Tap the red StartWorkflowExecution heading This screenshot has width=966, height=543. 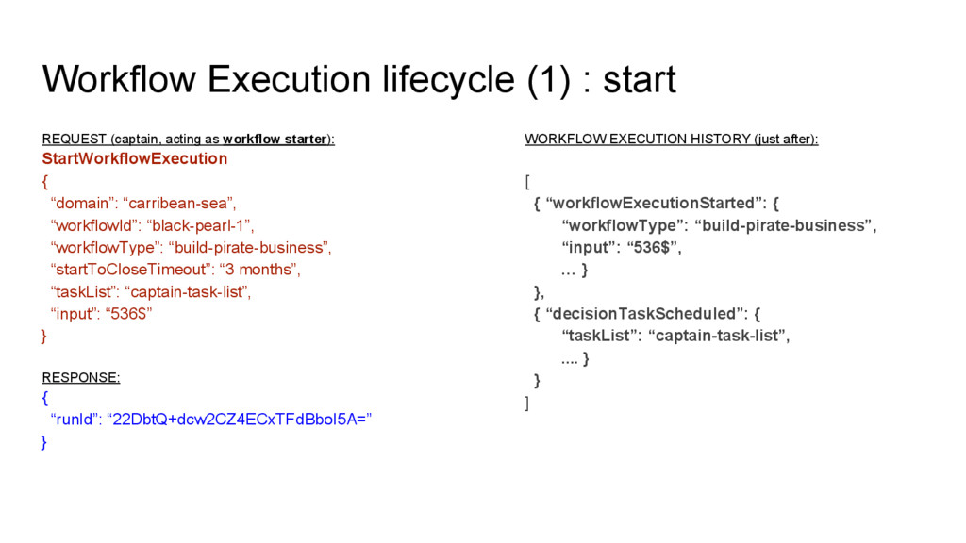coord(134,158)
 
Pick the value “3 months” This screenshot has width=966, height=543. coord(259,270)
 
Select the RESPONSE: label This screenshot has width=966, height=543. coord(81,377)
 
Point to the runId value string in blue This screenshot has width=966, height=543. coord(241,420)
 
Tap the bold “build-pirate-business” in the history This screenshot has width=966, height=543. coord(785,225)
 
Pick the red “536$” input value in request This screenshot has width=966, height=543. coord(128,314)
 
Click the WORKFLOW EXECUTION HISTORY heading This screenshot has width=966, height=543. coord(671,140)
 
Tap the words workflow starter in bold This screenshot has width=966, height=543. coord(274,140)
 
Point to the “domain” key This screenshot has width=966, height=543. coord(81,203)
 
